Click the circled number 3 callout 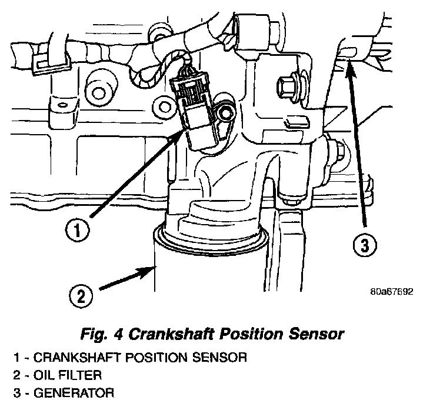[x=365, y=246]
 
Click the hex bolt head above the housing [x=289, y=88]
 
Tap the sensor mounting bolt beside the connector [x=223, y=112]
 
